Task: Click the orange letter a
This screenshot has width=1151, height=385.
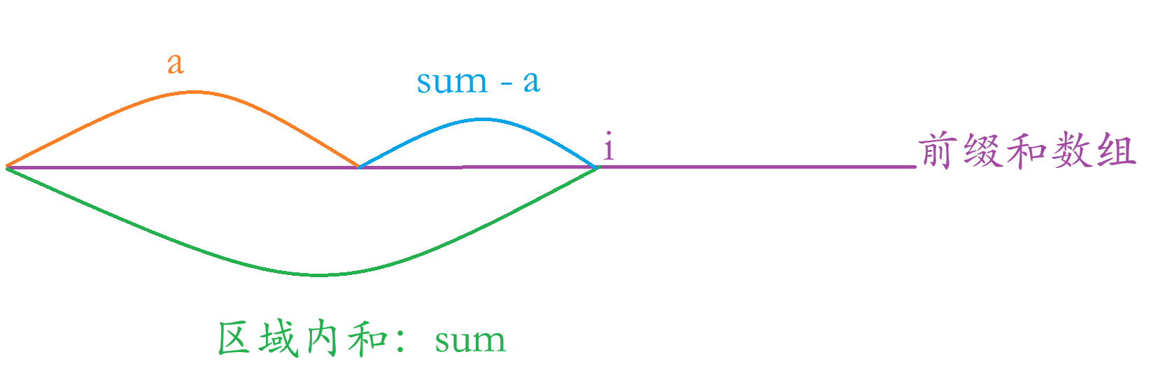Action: click(175, 64)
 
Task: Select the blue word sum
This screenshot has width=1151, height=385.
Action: click(452, 83)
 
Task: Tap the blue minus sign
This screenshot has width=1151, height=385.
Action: click(505, 85)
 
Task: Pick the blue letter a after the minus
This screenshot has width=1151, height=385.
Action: click(531, 83)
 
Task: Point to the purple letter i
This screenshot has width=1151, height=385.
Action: click(609, 148)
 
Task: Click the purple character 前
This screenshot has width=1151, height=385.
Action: click(939, 150)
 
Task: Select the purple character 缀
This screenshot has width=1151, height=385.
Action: click(982, 150)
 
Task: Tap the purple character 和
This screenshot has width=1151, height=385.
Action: click(1026, 150)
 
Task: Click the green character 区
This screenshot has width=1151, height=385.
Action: click(234, 339)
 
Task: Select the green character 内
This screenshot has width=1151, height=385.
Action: click(323, 339)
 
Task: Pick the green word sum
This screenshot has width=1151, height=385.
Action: click(469, 342)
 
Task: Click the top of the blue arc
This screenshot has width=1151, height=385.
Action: click(481, 119)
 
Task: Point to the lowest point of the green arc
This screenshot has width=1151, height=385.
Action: click(318, 275)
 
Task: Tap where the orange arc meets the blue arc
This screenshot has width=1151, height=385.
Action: click(358, 167)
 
